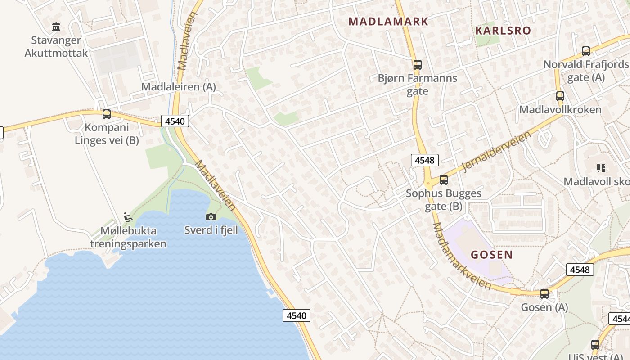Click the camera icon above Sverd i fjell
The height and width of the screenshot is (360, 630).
point(211,217)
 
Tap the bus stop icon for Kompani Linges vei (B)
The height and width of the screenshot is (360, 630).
point(107,114)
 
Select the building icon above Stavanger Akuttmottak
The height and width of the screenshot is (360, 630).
point(56,27)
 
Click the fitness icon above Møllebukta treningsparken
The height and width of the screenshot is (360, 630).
point(128,217)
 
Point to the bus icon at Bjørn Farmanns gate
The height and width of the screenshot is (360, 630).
point(418,65)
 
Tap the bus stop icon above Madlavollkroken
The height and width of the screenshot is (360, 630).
point(560,96)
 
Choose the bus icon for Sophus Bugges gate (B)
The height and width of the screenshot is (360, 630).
point(444,180)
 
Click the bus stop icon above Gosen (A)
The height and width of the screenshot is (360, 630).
point(544,294)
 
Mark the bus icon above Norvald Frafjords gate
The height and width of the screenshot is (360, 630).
point(586,51)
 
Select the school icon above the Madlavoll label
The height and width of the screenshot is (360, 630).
point(601,168)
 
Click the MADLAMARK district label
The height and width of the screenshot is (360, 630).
point(388,21)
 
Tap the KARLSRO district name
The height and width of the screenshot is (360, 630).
point(503,31)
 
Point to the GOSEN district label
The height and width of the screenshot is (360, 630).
point(492,255)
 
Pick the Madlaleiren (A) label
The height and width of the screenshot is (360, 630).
point(179,87)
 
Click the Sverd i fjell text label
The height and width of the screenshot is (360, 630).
point(211,230)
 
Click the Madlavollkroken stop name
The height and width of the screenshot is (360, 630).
point(560,110)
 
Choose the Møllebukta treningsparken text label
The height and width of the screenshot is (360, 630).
point(128,238)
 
